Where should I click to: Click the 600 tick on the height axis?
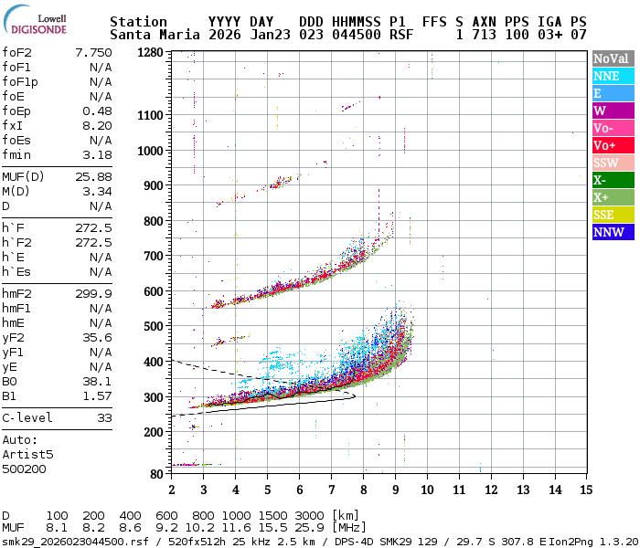[x=153, y=291]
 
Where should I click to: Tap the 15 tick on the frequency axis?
[x=584, y=490]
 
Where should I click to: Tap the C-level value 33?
[x=104, y=417]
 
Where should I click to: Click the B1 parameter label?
[x=9, y=395]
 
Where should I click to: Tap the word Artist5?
[x=27, y=453]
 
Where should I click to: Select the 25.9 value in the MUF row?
[x=304, y=528]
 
